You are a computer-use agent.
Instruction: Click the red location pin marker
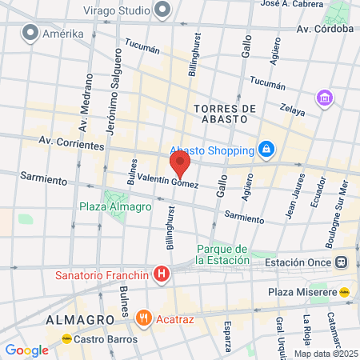(x=180, y=165)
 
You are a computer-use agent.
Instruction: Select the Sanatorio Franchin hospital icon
(x=162, y=275)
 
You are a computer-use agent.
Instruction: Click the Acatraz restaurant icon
(x=144, y=317)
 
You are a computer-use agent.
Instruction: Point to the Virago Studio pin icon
(x=163, y=10)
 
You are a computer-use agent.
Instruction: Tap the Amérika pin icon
(x=31, y=33)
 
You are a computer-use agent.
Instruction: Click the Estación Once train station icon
(x=342, y=262)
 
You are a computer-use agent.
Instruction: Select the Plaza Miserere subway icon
(x=345, y=291)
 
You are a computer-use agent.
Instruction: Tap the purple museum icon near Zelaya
(x=325, y=98)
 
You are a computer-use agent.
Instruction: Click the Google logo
(x=26, y=350)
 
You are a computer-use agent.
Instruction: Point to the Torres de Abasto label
(x=225, y=114)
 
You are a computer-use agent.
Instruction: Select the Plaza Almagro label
(x=115, y=206)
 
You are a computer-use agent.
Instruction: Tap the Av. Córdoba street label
(x=324, y=29)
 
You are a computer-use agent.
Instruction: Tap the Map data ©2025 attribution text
(x=326, y=354)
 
